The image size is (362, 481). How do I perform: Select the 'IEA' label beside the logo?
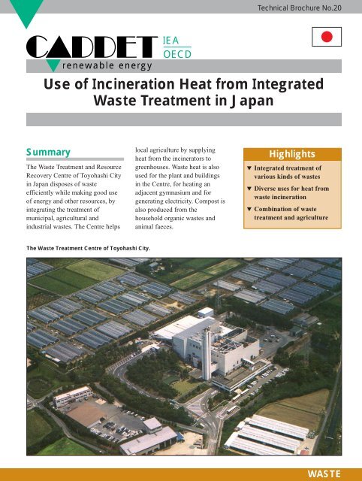click(x=172, y=43)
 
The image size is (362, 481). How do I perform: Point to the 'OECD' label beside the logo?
click(x=177, y=55)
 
